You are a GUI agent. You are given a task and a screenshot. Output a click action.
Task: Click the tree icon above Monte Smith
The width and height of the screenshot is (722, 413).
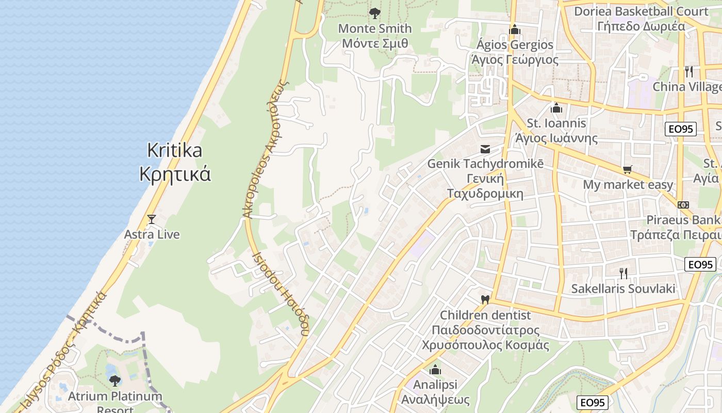click(375, 13)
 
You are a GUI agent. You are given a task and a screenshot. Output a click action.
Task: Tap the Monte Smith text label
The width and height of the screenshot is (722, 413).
click(375, 28)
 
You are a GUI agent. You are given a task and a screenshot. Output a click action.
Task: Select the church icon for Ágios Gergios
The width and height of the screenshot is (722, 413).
click(514, 29)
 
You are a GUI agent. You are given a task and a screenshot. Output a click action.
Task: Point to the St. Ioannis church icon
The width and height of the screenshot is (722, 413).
click(556, 108)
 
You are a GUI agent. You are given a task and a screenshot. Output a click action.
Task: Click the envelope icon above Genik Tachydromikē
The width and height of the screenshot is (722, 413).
click(485, 149)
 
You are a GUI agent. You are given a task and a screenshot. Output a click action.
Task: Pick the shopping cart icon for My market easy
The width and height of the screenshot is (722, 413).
click(628, 169)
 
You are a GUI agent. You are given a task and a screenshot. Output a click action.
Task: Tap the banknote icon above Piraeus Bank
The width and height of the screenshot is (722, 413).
click(683, 205)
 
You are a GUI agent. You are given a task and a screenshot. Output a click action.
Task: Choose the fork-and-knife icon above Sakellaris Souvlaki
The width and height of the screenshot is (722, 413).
click(623, 273)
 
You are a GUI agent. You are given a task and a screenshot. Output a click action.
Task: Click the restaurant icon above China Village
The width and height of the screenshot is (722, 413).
click(688, 71)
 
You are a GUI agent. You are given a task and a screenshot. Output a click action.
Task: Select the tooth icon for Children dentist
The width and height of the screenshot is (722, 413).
click(484, 299)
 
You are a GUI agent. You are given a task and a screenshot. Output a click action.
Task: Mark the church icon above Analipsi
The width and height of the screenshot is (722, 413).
click(435, 370)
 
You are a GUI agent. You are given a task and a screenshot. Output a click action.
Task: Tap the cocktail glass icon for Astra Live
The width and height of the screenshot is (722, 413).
click(152, 219)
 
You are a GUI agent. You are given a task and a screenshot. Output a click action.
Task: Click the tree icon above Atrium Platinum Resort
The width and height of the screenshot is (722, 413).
click(114, 381)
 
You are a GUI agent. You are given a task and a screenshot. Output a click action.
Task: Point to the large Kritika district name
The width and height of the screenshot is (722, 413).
click(175, 150)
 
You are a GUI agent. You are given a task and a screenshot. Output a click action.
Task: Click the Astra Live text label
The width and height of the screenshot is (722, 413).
click(152, 234)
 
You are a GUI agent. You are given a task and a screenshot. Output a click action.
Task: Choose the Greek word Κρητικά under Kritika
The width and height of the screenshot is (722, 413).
click(175, 174)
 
